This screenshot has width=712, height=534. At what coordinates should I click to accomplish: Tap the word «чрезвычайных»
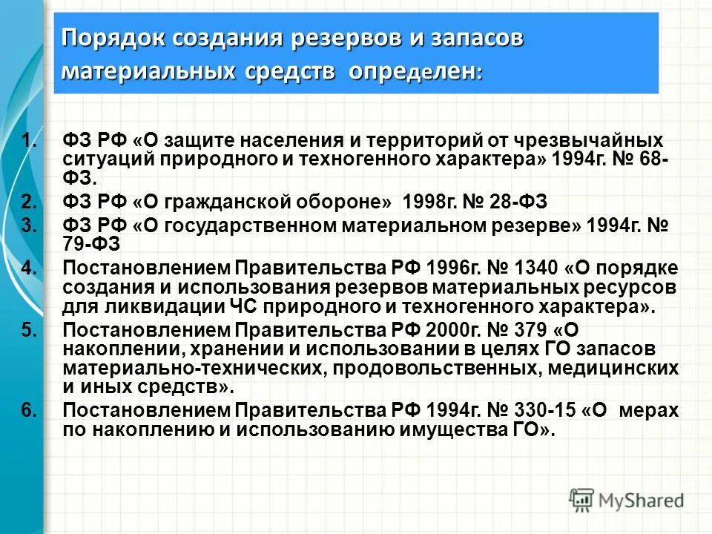(589, 140)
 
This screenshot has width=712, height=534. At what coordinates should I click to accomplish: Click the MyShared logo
(627, 500)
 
